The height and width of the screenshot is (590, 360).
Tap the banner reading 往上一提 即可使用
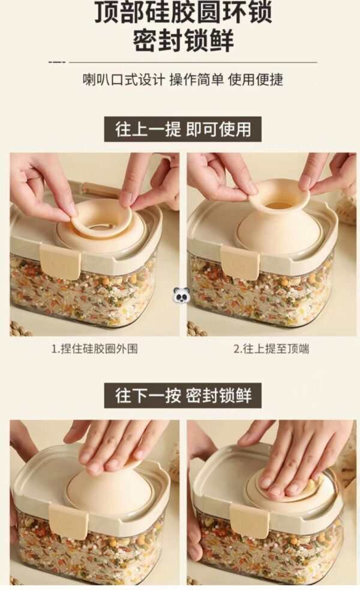coord(182,130)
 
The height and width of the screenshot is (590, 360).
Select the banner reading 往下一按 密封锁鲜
coord(182,396)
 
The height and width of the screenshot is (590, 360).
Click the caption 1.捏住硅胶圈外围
coord(95,349)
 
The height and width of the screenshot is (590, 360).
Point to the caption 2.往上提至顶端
coord(272,349)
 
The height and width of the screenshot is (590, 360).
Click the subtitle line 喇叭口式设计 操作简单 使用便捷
coord(182,80)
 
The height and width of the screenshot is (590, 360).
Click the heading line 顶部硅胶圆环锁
coord(183,12)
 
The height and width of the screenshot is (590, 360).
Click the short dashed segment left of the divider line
coord(57,62)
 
